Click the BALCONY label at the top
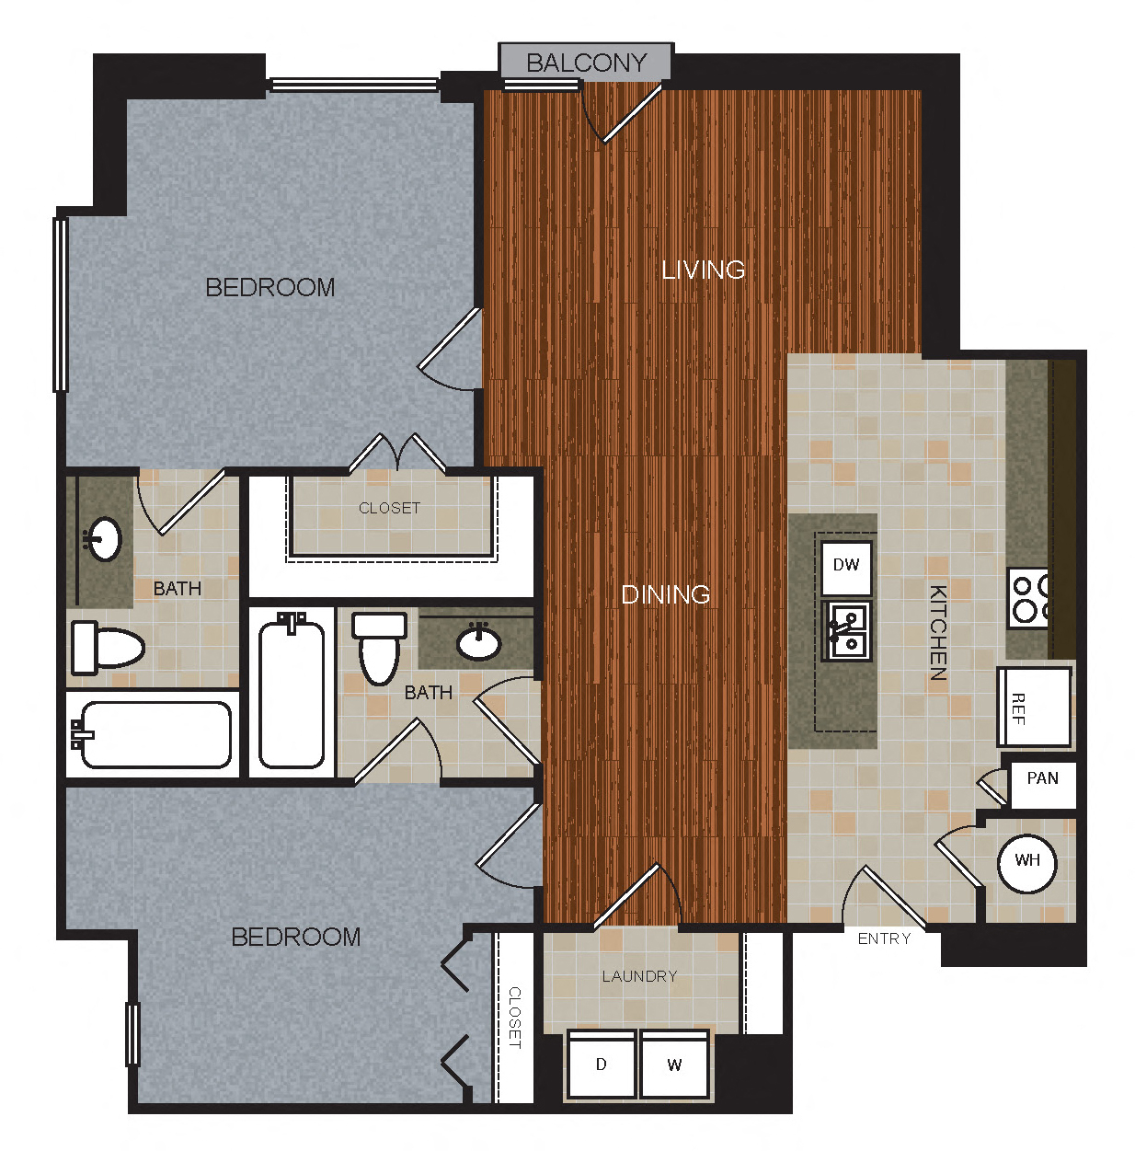pyautogui.click(x=586, y=63)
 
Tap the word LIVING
pyautogui.click(x=703, y=270)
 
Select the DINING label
pyautogui.click(x=665, y=594)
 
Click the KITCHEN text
pyautogui.click(x=937, y=632)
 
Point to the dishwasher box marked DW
pyautogui.click(x=845, y=565)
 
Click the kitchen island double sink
pyautogui.click(x=848, y=630)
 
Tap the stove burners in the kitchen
pyautogui.click(x=1028, y=598)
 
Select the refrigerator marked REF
pyautogui.click(x=1033, y=708)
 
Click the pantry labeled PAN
pyautogui.click(x=1041, y=779)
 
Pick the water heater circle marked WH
pyautogui.click(x=1026, y=861)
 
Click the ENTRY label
pyautogui.click(x=883, y=938)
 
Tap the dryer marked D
pyautogui.click(x=602, y=1065)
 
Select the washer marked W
pyautogui.click(x=674, y=1065)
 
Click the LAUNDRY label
pyautogui.click(x=639, y=976)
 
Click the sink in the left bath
pyautogui.click(x=103, y=539)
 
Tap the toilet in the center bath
pyautogui.click(x=379, y=647)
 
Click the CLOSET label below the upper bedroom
pyautogui.click(x=389, y=508)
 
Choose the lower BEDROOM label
pyautogui.click(x=295, y=937)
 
